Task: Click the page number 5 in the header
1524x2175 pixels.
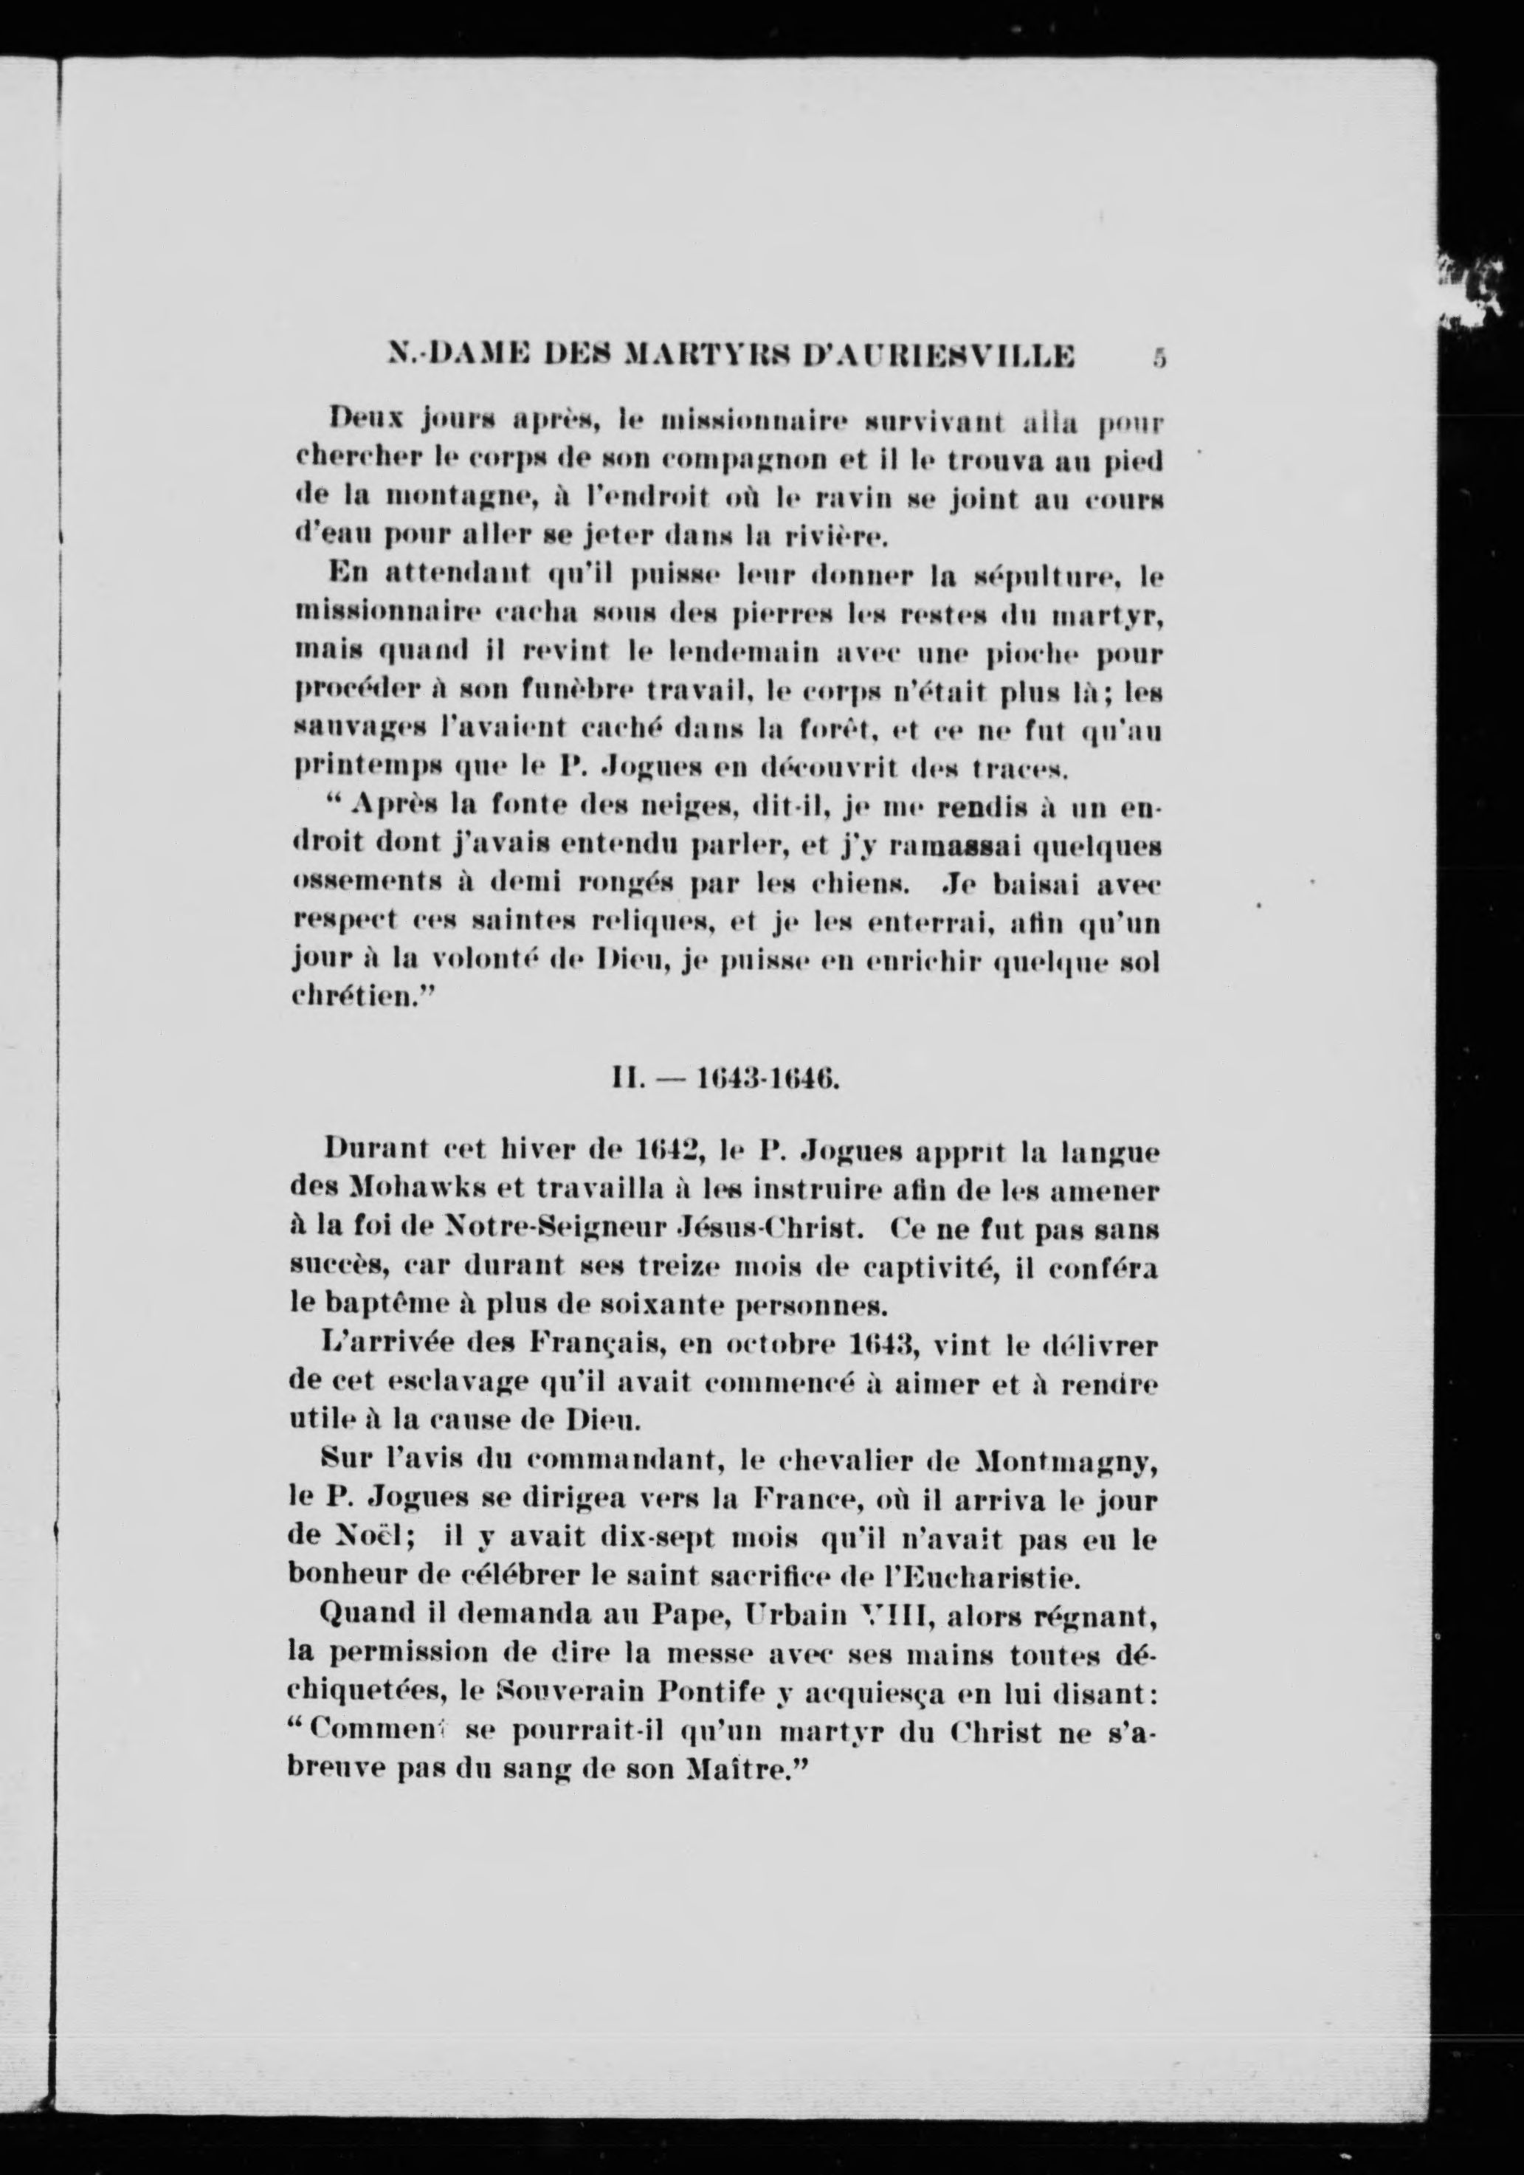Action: click(x=1159, y=358)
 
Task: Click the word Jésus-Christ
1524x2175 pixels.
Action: click(x=750, y=1229)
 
